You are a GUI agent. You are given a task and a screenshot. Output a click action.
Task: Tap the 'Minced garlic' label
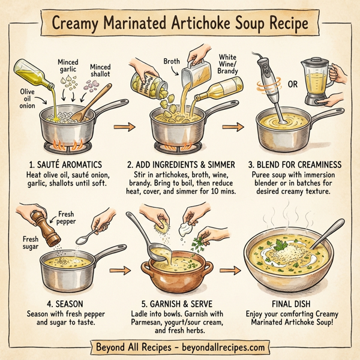67,66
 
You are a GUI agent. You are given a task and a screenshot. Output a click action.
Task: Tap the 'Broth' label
173,61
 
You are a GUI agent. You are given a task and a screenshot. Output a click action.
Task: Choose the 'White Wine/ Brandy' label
227,65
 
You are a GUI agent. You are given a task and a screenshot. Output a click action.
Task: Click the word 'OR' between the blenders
293,84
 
